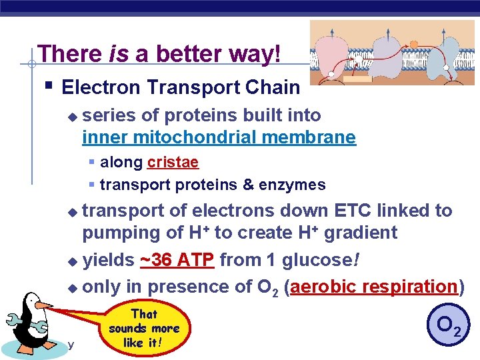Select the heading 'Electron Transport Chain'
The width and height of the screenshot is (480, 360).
tap(181, 87)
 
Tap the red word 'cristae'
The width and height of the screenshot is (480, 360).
tap(173, 162)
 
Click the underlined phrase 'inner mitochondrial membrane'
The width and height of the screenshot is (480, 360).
tap(219, 138)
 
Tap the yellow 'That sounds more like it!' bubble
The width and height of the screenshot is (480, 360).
tap(144, 329)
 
